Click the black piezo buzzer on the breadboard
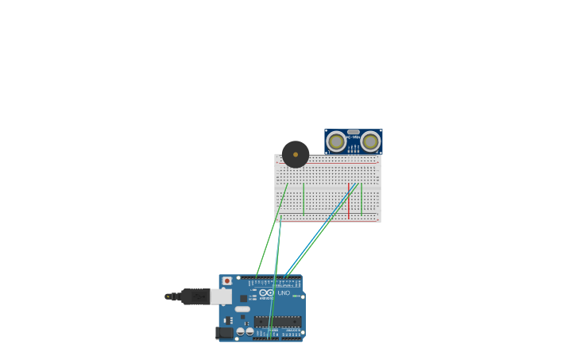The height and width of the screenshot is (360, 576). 296,154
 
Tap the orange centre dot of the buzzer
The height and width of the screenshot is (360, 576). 296,154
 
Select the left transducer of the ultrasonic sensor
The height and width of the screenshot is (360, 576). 336,141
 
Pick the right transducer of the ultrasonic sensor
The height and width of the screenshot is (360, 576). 370,141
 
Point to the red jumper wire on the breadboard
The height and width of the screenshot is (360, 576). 348,200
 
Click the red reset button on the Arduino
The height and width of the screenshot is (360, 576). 227,281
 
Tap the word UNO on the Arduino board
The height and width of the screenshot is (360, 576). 284,293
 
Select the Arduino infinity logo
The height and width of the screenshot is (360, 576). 267,293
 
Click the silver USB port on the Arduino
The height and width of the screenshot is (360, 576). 221,296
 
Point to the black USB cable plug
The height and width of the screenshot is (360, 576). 195,296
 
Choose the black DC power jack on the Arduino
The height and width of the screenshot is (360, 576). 224,333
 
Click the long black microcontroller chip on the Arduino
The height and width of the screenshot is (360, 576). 277,321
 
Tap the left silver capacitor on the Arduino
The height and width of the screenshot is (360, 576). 240,331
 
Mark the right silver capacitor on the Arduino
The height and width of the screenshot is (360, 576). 249,331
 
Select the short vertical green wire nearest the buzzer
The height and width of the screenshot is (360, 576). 303,199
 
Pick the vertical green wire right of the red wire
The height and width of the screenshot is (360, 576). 361,199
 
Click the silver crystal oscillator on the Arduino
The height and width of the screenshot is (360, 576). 242,309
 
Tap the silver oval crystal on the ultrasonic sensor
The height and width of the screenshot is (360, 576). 354,132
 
